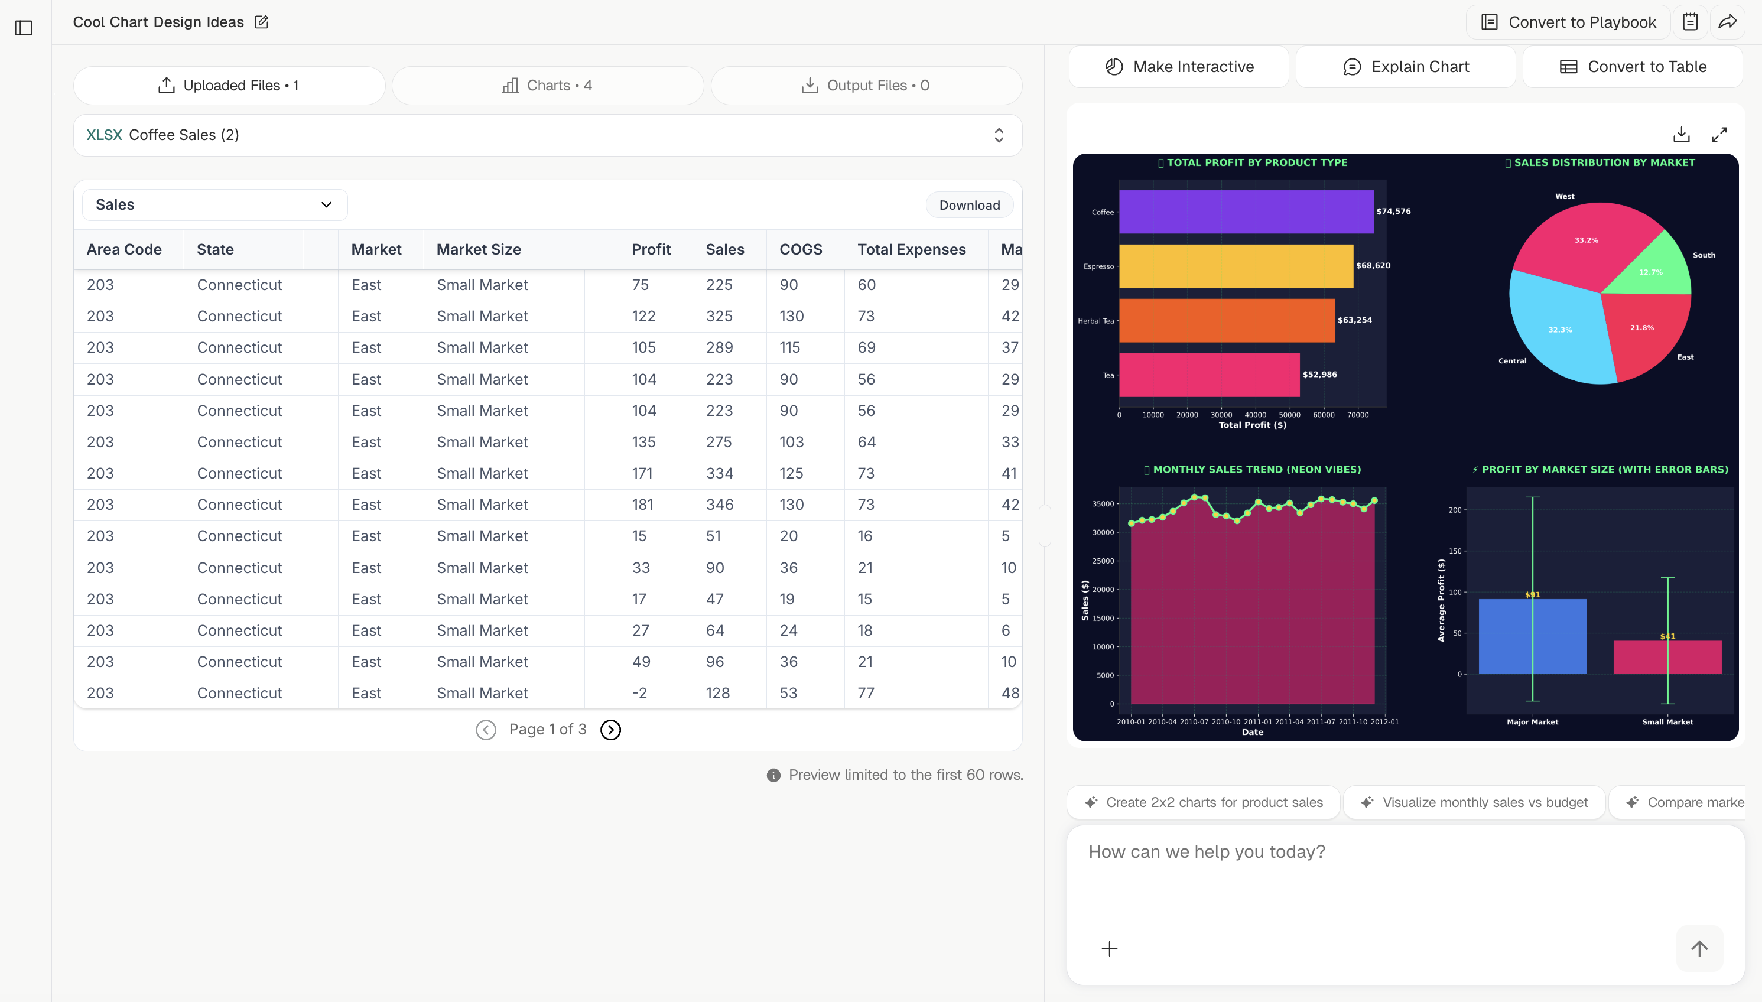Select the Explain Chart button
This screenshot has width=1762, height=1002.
pyautogui.click(x=1406, y=67)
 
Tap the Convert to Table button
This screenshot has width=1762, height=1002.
pyautogui.click(x=1633, y=67)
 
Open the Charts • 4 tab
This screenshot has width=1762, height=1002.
pyautogui.click(x=547, y=85)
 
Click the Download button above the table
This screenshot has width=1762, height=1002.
pyautogui.click(x=969, y=205)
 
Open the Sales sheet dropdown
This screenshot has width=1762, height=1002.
pyautogui.click(x=214, y=204)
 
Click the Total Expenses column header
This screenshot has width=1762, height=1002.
pyautogui.click(x=911, y=249)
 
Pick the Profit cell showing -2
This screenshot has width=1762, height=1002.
pyautogui.click(x=639, y=693)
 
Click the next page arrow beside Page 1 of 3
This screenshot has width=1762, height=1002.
pyautogui.click(x=610, y=730)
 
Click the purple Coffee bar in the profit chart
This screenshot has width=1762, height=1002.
pyautogui.click(x=1246, y=212)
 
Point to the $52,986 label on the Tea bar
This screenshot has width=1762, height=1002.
pyautogui.click(x=1319, y=375)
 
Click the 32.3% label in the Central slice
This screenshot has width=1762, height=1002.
pyautogui.click(x=1560, y=330)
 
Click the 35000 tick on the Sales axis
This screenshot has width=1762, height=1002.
pyautogui.click(x=1103, y=504)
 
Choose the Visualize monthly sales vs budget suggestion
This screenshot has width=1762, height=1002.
pyautogui.click(x=1474, y=802)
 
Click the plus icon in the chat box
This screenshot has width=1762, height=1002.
pyautogui.click(x=1110, y=949)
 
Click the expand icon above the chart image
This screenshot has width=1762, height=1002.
pyautogui.click(x=1719, y=134)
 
